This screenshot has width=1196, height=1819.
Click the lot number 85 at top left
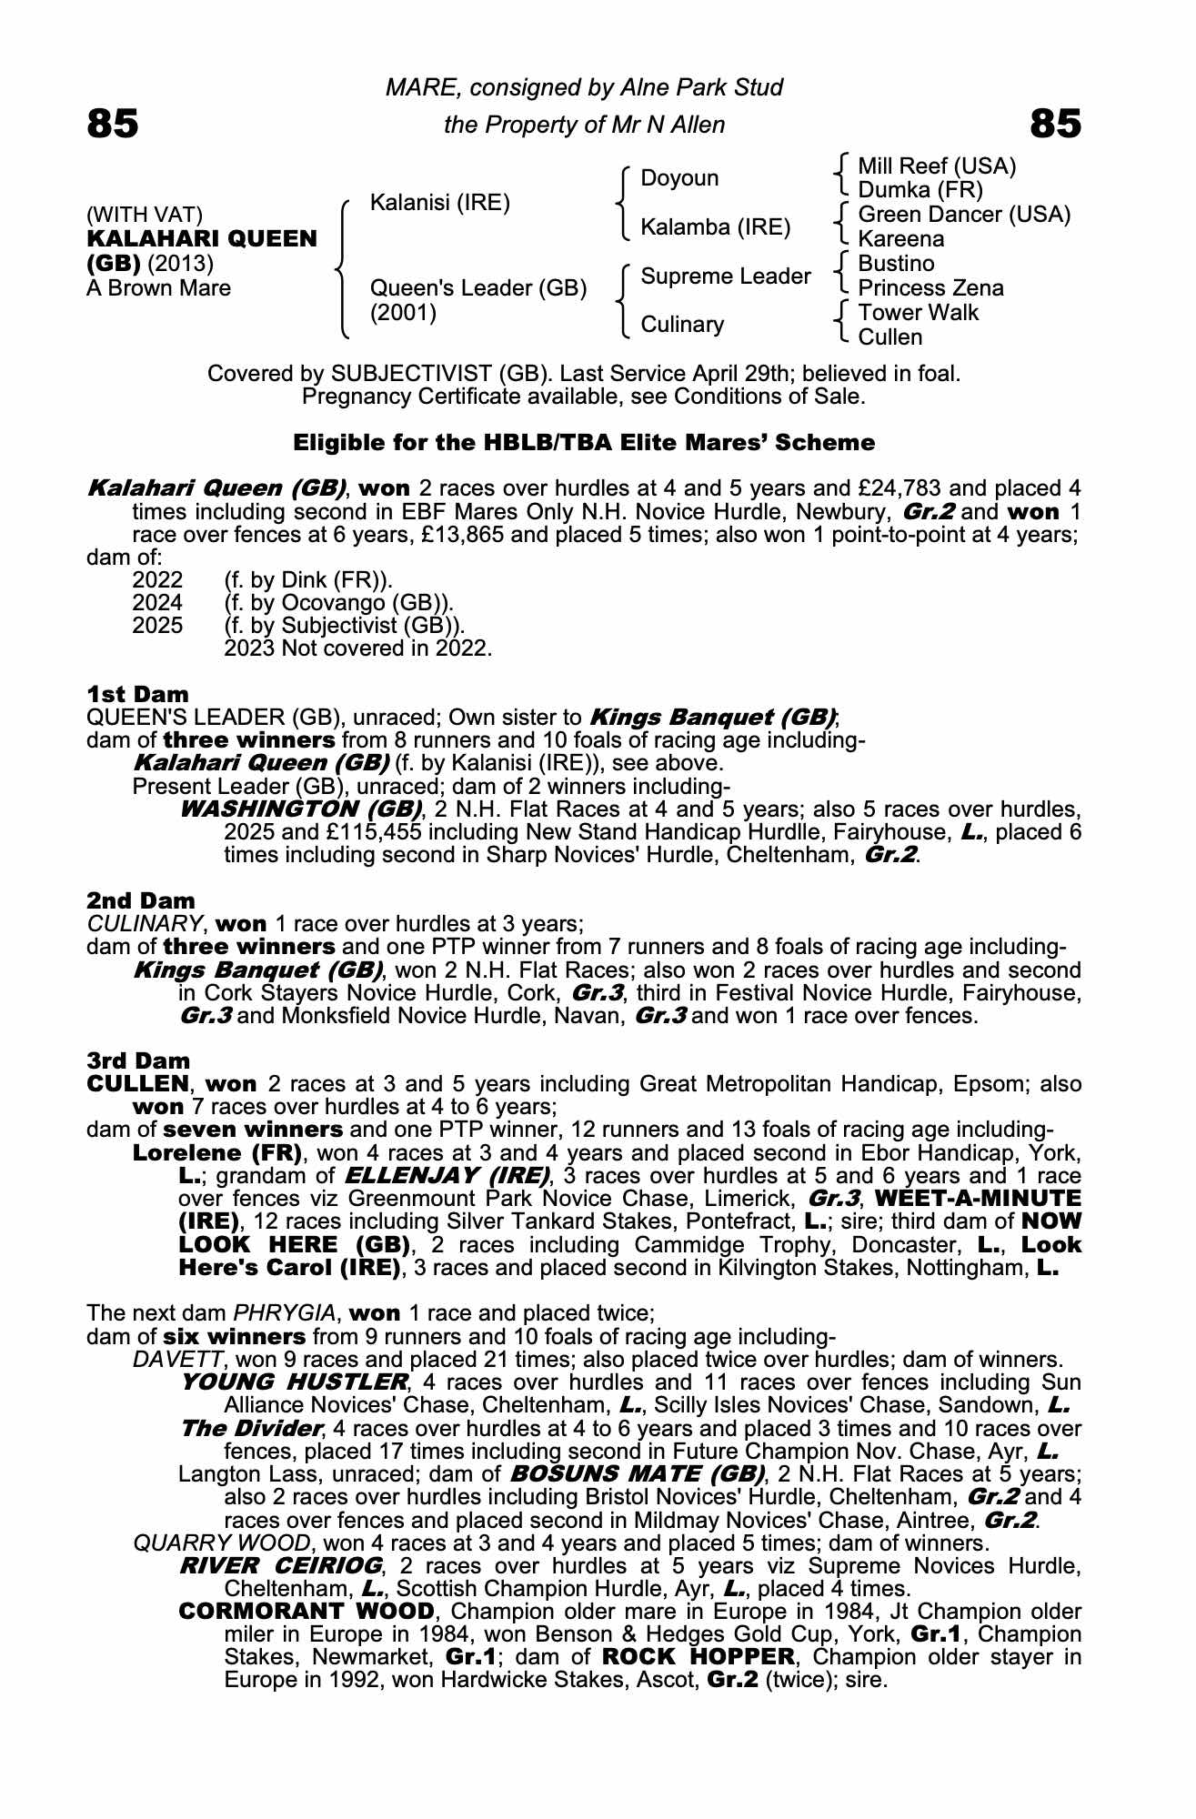point(113,124)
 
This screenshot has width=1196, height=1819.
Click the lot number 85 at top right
point(1056,124)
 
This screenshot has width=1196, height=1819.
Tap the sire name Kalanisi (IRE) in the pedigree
point(440,202)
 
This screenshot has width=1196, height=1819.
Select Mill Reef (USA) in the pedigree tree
point(937,166)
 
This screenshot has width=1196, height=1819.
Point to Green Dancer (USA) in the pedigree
point(964,215)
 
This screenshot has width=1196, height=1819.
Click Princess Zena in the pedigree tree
point(930,288)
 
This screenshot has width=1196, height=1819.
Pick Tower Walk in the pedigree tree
point(919,313)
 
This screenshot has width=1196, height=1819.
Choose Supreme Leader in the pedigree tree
point(726,276)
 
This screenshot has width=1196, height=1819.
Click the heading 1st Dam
point(137,695)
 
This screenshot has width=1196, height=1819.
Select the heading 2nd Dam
point(141,900)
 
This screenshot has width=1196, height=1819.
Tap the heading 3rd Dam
point(138,1060)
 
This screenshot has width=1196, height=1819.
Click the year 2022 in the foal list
point(157,580)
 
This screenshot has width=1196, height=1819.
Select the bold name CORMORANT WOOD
point(307,1612)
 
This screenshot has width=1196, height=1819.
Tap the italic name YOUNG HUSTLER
point(294,1382)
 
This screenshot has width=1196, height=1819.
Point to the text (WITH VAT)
point(145,215)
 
